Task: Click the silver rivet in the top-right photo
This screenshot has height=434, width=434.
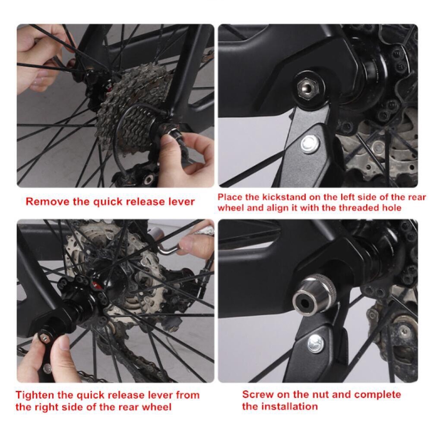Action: pos(310,144)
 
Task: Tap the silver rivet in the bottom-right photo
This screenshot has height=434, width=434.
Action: pos(316,343)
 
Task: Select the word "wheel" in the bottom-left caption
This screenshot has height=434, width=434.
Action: pos(157,407)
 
